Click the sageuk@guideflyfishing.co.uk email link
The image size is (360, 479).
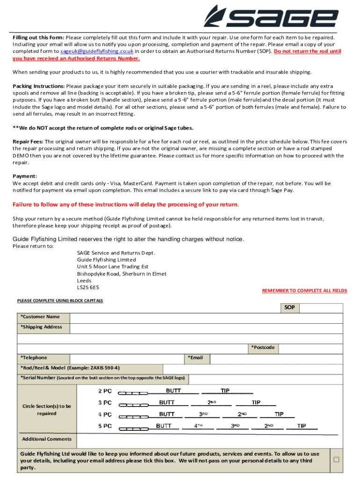coord(97,51)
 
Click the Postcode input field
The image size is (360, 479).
coord(311,348)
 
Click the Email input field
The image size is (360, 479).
coord(276,358)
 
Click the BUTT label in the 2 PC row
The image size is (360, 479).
coord(173,391)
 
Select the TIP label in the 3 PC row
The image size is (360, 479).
coord(256,402)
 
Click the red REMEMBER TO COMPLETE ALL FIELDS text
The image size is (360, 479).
coord(304,290)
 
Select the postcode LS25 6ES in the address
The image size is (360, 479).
coord(88,287)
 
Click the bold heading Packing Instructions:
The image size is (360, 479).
coord(39,86)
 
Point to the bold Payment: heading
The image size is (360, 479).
coord(25,176)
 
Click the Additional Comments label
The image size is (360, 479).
coord(47,439)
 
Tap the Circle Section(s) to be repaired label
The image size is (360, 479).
coord(47,410)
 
